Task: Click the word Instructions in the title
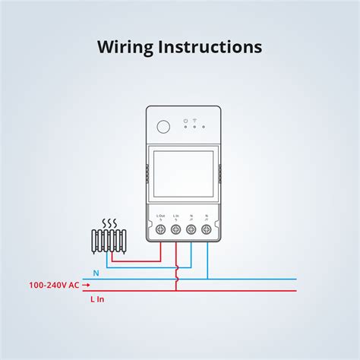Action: point(213,46)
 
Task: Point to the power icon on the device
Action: point(185,119)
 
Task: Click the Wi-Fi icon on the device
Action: point(194,119)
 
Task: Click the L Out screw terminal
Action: point(161,229)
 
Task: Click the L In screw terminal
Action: point(176,229)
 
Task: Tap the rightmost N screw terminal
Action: point(206,229)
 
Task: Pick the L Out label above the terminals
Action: point(161,217)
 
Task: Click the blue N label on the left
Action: point(96,272)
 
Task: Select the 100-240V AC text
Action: point(53,285)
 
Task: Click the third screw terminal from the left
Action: point(191,229)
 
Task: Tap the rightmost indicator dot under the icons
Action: point(204,127)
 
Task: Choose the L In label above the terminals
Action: point(176,217)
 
